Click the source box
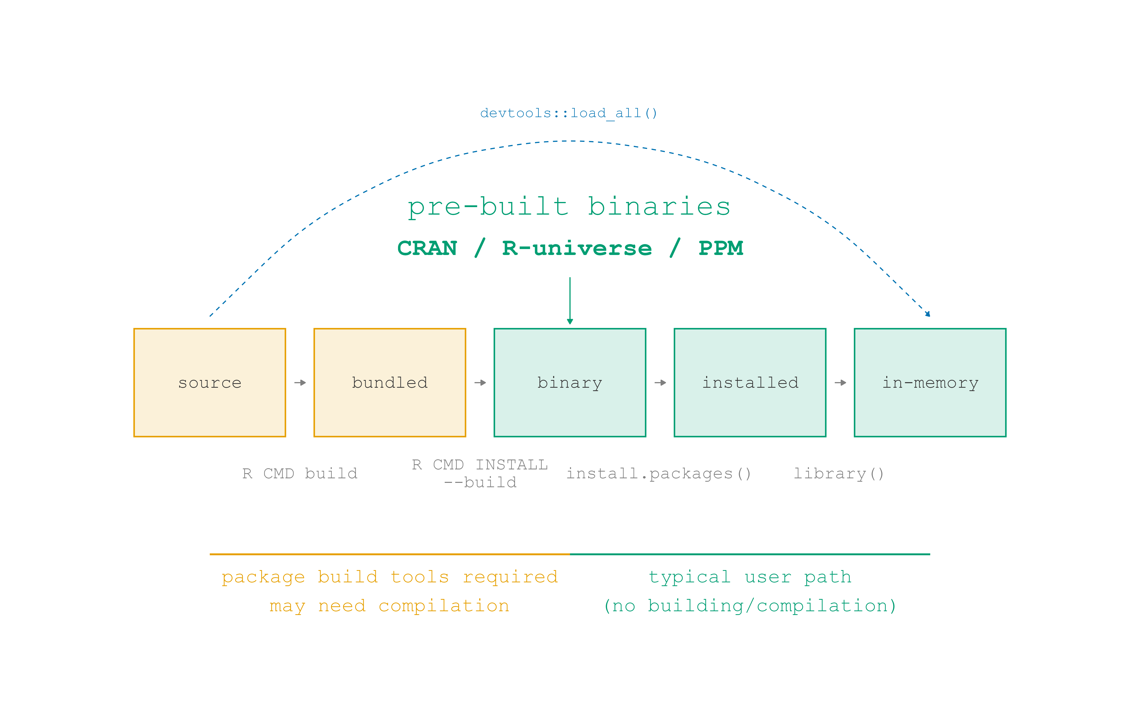click(210, 383)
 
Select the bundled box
click(390, 383)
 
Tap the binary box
click(570, 383)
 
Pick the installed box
click(750, 383)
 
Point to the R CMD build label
click(300, 474)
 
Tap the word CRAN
click(427, 248)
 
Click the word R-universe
click(577, 248)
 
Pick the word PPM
click(721, 248)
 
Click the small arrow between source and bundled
click(300, 383)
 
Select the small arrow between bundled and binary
click(480, 383)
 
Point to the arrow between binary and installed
click(660, 383)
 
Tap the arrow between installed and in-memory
click(840, 383)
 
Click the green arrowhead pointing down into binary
click(570, 321)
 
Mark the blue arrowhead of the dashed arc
click(928, 314)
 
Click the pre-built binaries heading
click(569, 207)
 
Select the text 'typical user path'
click(750, 577)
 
